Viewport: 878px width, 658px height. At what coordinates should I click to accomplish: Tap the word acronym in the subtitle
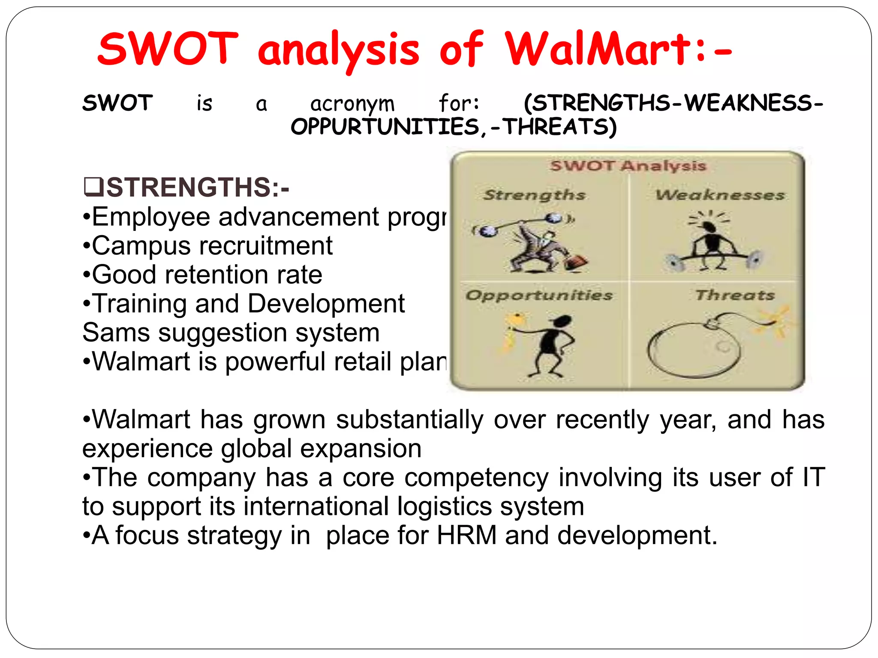click(x=352, y=104)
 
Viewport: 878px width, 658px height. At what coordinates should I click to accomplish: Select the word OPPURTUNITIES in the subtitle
click(x=385, y=127)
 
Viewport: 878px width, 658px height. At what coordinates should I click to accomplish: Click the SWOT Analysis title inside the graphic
click(x=628, y=166)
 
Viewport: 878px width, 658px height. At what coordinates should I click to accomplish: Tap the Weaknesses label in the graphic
click(x=720, y=195)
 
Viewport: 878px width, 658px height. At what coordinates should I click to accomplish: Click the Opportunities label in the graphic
click(x=539, y=295)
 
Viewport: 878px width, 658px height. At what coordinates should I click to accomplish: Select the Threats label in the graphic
click(x=735, y=295)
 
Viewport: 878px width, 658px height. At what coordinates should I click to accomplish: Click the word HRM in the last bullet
click(x=466, y=535)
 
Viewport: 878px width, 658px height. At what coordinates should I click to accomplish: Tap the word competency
click(x=476, y=477)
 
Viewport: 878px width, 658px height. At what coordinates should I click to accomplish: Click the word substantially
click(x=409, y=419)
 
